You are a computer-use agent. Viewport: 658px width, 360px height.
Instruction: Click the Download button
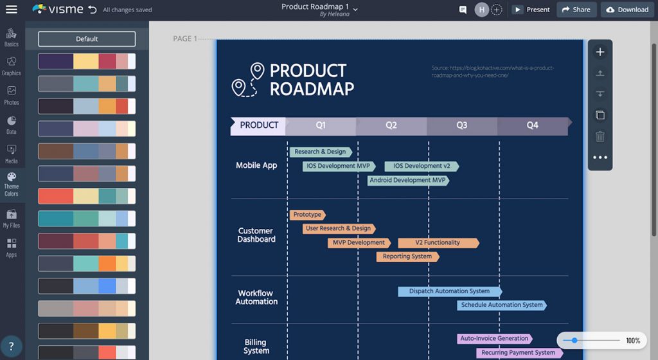(x=627, y=10)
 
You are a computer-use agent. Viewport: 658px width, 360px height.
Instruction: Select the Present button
(x=531, y=10)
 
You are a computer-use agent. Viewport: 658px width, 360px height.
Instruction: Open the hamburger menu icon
(x=12, y=10)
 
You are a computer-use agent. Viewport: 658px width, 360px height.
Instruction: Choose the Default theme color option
(x=87, y=39)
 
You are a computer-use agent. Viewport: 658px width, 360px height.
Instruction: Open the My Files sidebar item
(x=12, y=219)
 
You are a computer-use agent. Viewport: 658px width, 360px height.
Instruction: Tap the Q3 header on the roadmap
(x=461, y=125)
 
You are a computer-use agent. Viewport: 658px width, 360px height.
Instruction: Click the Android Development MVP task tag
(x=408, y=181)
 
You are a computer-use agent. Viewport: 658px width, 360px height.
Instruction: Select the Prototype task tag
(x=307, y=215)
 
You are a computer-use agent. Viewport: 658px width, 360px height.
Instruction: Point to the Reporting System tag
(x=407, y=256)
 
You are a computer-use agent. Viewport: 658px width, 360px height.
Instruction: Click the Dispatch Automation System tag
(x=449, y=291)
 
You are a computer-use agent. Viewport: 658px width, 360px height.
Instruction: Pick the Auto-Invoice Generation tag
(x=495, y=338)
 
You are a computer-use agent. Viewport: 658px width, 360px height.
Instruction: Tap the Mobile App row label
(x=256, y=165)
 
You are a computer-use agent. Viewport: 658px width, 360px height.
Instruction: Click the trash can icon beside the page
(x=600, y=136)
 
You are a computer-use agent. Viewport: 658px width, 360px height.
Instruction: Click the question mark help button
(x=12, y=346)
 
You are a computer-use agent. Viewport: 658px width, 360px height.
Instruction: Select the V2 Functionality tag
(x=438, y=243)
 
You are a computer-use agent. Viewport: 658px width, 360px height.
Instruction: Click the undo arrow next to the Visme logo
(x=93, y=10)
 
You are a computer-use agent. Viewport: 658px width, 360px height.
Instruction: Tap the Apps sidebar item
(x=12, y=248)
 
